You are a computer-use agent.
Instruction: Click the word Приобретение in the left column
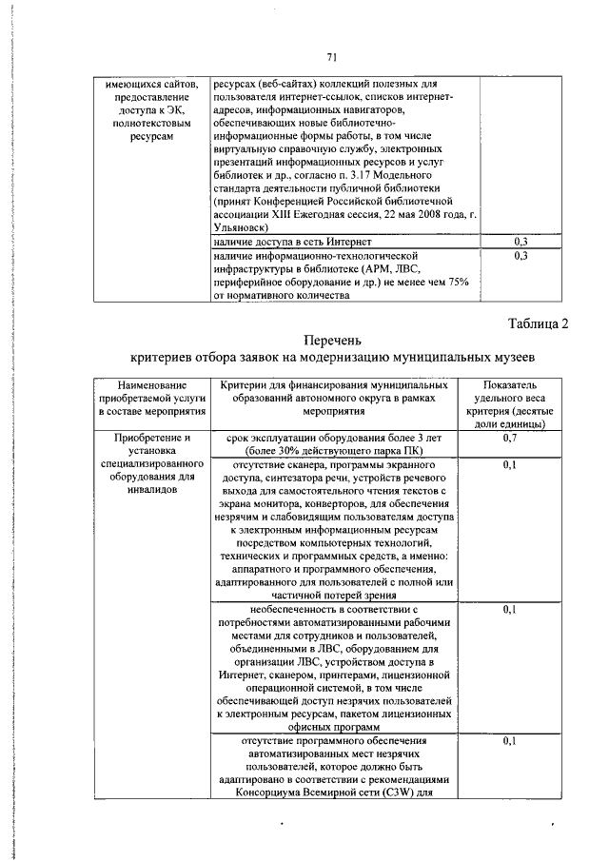click(147, 438)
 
